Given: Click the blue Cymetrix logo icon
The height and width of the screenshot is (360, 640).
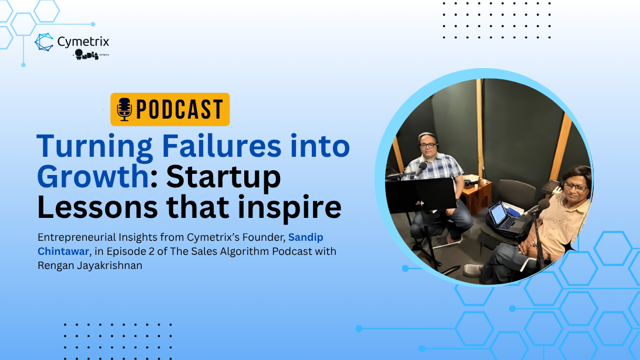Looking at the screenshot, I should click(44, 42).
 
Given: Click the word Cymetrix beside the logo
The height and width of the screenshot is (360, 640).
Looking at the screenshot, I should click(83, 42).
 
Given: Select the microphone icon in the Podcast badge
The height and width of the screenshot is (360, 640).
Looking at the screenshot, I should click(124, 109).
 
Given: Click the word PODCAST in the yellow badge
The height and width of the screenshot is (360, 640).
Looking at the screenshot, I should click(179, 110).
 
